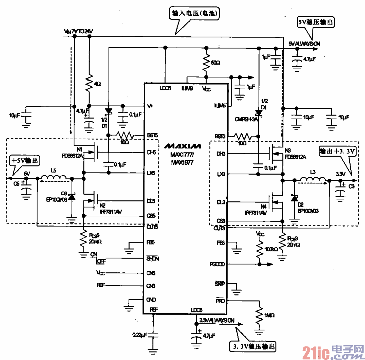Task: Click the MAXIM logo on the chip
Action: tap(182, 146)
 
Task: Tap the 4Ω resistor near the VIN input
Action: tap(89, 83)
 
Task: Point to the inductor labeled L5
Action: tap(54, 178)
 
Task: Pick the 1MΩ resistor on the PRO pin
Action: tap(259, 316)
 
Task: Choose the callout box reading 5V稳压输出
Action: tap(316, 22)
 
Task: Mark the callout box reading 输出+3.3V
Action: tap(337, 152)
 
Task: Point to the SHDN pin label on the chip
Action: tap(152, 259)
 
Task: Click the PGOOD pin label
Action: tap(217, 264)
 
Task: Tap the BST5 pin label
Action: tap(152, 136)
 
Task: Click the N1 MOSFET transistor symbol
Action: tap(92, 153)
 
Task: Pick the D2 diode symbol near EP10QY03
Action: tap(294, 199)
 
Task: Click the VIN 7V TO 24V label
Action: tap(78, 31)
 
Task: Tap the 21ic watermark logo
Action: tap(333, 352)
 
